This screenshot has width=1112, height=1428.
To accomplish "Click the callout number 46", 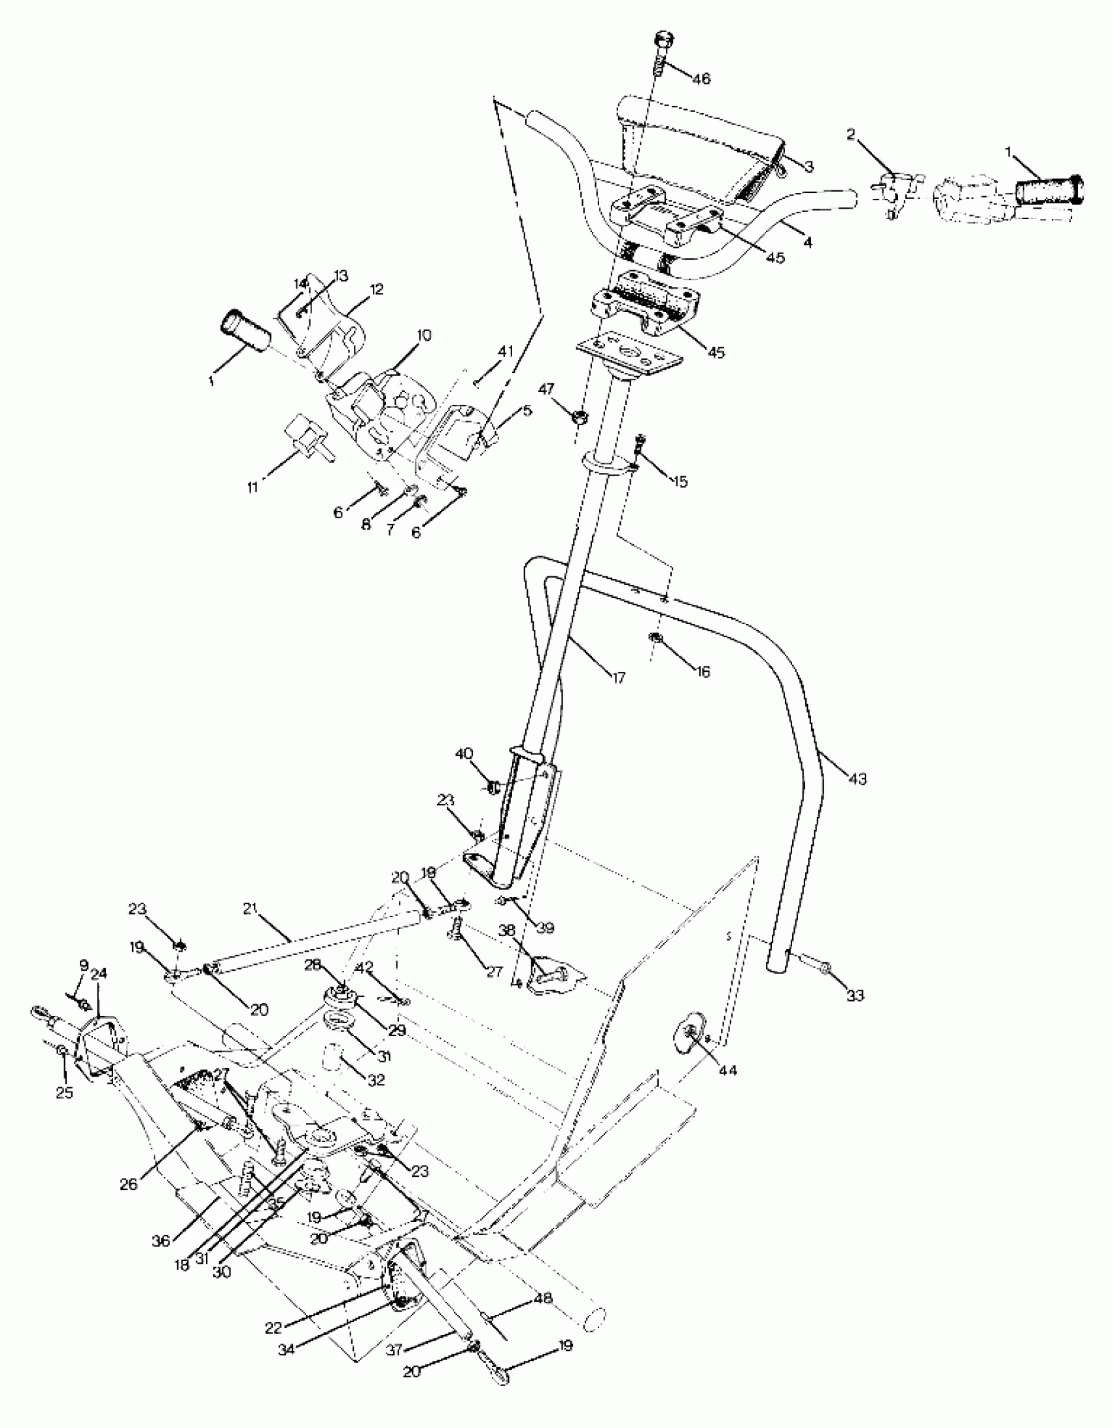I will coord(701,79).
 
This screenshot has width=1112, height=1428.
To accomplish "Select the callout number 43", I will coord(857,779).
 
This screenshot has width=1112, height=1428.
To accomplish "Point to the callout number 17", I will coord(618,678).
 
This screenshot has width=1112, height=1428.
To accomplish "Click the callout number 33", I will coord(855,996).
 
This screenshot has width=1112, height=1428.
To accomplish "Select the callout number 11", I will coord(252,487).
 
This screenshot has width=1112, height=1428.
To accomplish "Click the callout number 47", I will coord(547,390).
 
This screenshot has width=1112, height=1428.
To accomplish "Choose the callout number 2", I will coord(850,135).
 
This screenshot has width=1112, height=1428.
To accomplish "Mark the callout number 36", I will coord(161,1241).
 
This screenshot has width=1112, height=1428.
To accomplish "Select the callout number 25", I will coord(64,1092).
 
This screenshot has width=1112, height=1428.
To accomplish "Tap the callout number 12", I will coord(377,289).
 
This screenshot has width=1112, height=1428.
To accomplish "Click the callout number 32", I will coord(375,1081).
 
